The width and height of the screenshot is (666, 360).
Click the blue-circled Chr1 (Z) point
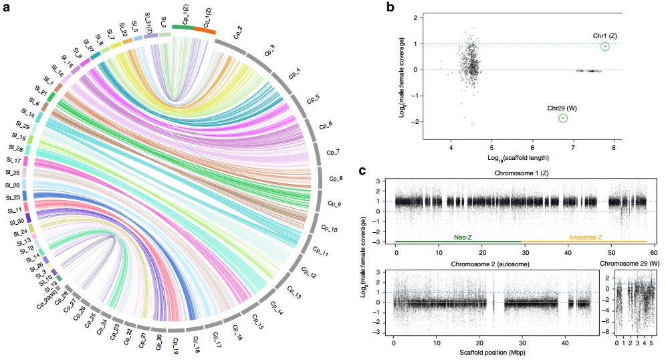coord(604,46)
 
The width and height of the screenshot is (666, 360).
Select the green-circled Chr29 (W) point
coord(563,118)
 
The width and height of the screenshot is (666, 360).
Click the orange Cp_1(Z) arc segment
coord(205,31)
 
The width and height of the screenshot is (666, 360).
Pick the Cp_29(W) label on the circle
coord(47,296)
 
